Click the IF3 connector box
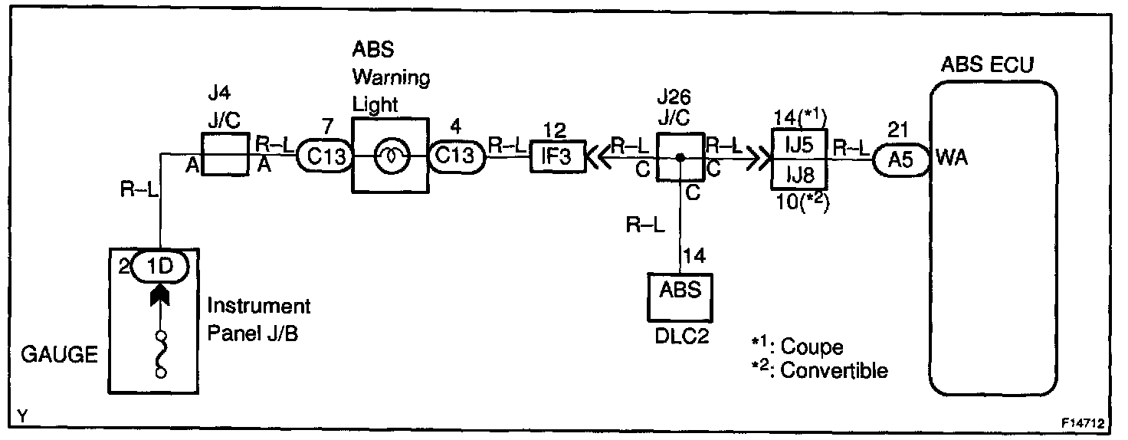point(557,156)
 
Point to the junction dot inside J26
point(680,158)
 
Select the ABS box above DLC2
point(680,292)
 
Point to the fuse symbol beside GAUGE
point(161,353)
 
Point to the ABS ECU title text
point(987,65)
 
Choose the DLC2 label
point(680,337)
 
